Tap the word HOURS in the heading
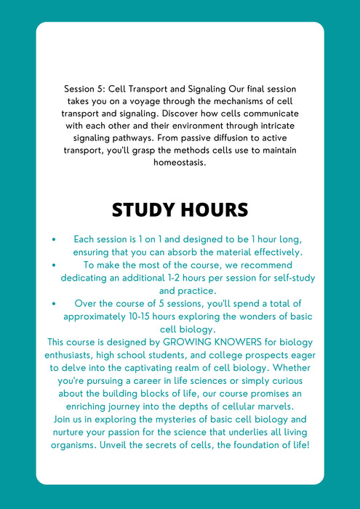[215, 210]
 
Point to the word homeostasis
[180, 163]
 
